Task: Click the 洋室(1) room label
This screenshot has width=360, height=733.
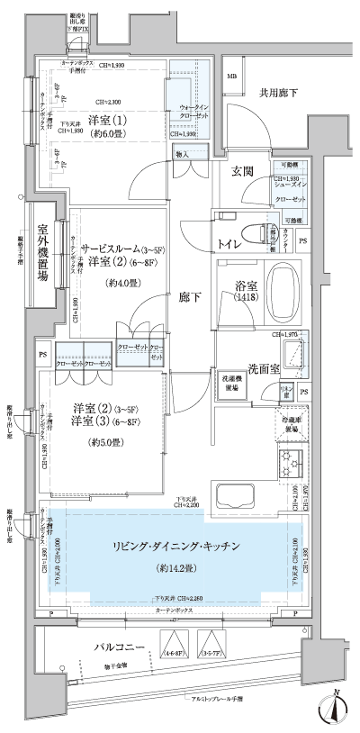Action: (106, 121)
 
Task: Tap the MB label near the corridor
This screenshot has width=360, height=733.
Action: (231, 77)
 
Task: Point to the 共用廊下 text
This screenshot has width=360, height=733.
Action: (279, 92)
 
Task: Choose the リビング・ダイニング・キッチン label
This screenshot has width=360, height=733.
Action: (175, 548)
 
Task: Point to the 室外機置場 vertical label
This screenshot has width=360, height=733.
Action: (41, 255)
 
